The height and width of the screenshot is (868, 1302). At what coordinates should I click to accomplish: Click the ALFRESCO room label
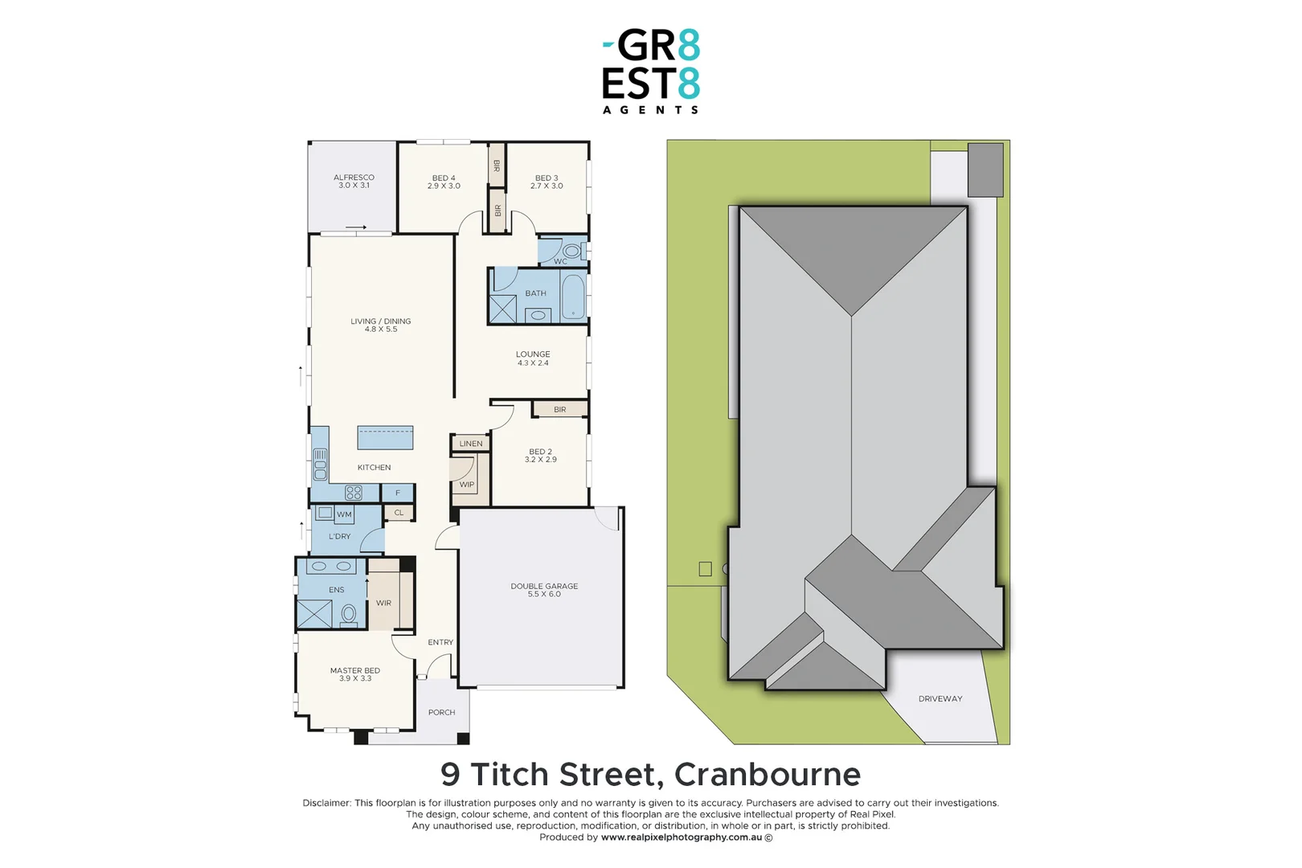pos(354,181)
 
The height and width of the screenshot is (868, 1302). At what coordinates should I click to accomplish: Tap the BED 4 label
pos(444,182)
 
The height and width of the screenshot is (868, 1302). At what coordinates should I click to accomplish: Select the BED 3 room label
pos(547,182)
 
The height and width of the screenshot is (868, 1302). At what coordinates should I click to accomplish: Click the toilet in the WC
pos(572,251)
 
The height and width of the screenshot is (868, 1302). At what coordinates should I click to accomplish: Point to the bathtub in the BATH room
pos(573,297)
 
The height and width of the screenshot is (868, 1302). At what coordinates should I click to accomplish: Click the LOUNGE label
pos(533,358)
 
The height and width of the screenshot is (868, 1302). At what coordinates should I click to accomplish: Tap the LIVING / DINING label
pos(380,325)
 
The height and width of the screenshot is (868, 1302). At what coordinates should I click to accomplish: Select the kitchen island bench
pos(385,437)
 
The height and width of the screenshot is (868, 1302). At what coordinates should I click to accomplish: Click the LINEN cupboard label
pos(471,444)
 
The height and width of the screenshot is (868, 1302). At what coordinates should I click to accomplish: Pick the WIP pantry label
pos(467,485)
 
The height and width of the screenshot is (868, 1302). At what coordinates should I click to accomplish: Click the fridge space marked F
pos(398,493)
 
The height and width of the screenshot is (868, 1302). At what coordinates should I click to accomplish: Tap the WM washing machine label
pos(344,514)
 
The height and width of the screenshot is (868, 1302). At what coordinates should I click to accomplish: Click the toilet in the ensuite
pos(349,615)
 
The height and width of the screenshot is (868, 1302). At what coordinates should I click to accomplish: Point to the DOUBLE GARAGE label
pos(544,590)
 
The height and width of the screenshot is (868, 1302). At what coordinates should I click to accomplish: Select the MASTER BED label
pos(354,674)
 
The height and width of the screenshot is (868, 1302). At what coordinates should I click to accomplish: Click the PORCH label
pos(441,712)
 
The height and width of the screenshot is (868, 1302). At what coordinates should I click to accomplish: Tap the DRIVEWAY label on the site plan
pos(940,698)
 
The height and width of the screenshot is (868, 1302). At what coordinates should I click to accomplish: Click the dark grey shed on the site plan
pos(985,170)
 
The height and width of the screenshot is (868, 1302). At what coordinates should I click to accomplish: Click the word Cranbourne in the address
pos(768,775)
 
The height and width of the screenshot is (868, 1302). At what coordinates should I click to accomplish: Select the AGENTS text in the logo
pos(650,110)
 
